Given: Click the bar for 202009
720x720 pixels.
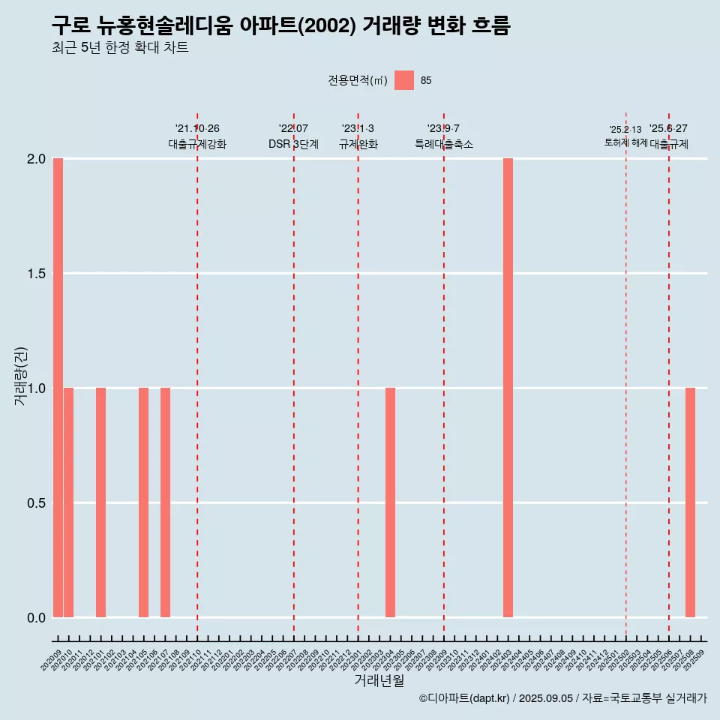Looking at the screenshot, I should [x=58, y=388].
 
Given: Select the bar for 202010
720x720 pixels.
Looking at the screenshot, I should [x=68, y=502].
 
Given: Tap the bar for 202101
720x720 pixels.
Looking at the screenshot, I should [x=100, y=502].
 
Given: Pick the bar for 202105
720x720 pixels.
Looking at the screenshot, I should [x=143, y=502].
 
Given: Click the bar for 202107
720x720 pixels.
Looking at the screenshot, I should [x=165, y=502].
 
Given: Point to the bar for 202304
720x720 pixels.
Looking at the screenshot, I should [x=390, y=502].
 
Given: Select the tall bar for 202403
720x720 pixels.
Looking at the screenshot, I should [x=508, y=388].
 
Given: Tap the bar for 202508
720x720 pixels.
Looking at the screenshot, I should [x=690, y=502].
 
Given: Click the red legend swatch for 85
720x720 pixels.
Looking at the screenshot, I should [x=404, y=80].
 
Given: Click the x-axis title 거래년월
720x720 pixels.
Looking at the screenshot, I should [x=379, y=681].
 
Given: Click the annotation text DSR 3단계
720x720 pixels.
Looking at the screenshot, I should [x=293, y=144].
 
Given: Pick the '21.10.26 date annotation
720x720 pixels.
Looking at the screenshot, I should [x=197, y=129].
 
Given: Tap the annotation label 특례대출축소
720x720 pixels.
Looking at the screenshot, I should [x=444, y=144].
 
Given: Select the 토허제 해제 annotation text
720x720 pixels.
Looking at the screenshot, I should [x=625, y=142].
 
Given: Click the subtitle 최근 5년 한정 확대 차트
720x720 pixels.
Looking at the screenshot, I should [x=120, y=48].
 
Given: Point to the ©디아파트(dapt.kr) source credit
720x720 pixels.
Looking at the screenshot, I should [x=465, y=698].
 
